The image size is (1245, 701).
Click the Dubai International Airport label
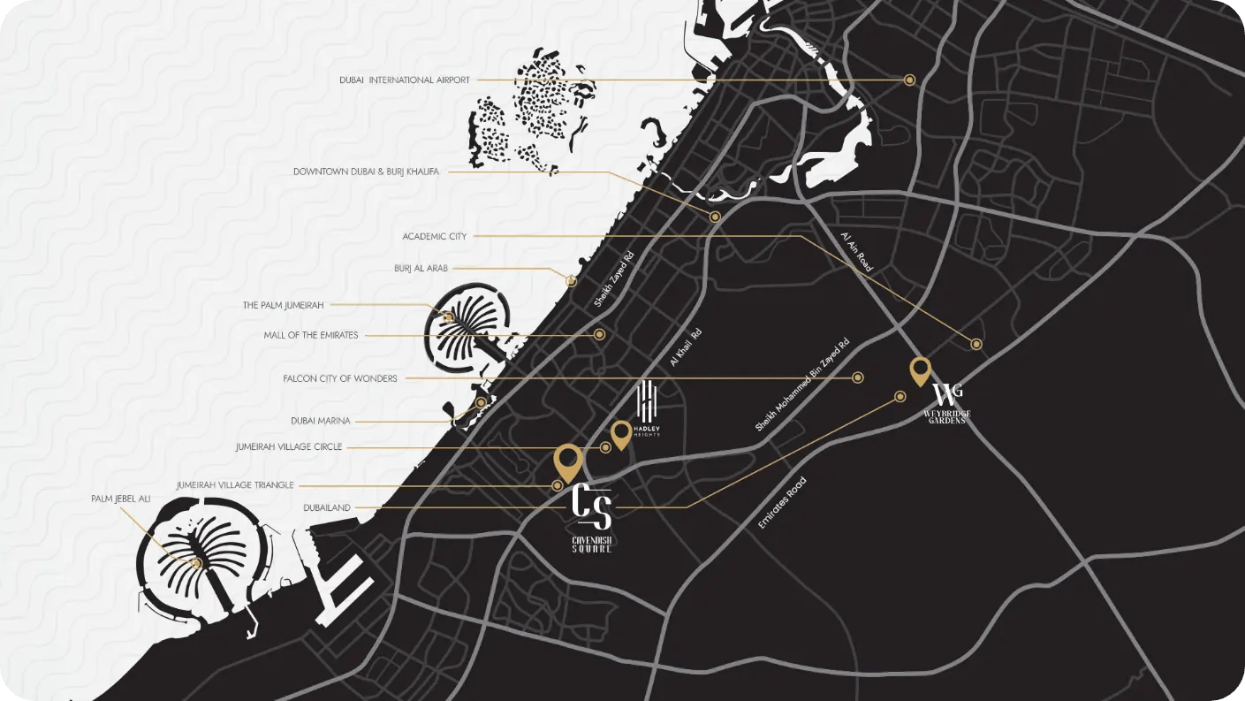[404, 80]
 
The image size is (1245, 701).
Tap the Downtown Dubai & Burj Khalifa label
[366, 171]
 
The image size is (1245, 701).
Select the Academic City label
[434, 237]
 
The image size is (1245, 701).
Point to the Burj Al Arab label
[421, 268]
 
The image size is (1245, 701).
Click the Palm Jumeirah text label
[283, 305]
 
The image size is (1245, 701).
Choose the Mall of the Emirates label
[310, 335]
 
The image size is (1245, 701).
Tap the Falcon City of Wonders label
[340, 378]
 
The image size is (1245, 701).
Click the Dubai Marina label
[320, 421]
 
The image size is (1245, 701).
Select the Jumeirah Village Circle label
[288, 447]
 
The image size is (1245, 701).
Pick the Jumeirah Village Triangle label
[235, 485]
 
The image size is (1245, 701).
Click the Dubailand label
[327, 507]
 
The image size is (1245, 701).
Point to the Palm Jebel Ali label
[120, 499]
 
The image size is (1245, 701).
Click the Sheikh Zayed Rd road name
[614, 279]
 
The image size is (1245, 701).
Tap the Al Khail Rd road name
[685, 347]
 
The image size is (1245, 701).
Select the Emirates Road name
[782, 503]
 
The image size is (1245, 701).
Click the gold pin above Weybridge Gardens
[920, 370]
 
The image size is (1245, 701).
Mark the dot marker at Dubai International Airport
[909, 80]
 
